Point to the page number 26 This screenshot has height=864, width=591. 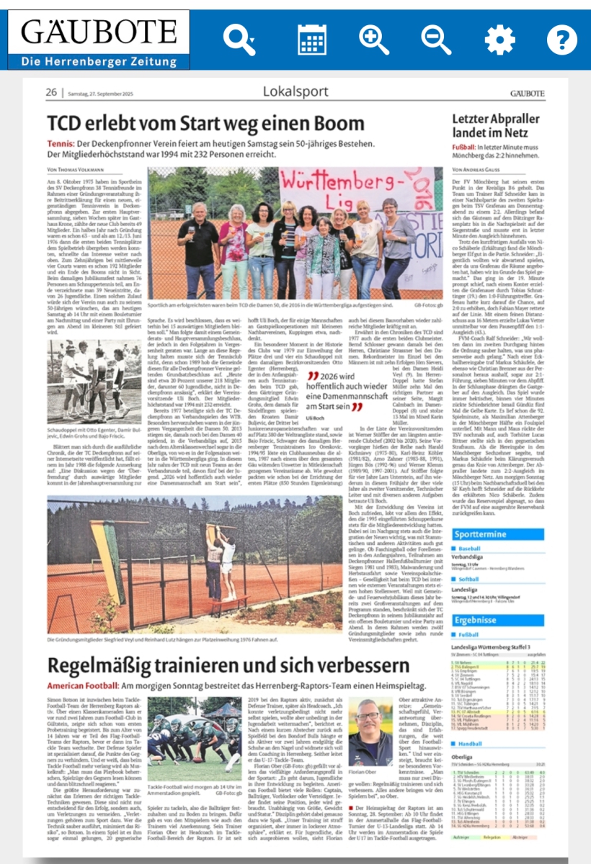coord(51,92)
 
